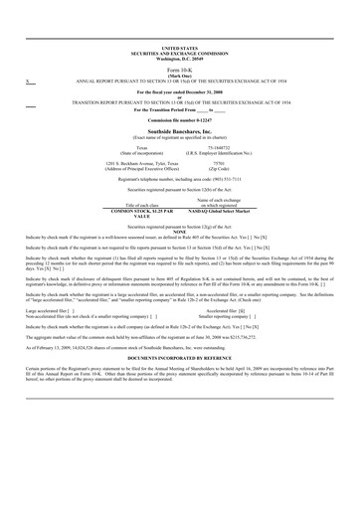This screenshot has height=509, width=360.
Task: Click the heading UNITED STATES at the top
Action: click(x=179, y=47)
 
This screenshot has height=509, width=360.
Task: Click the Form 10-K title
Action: click(x=179, y=71)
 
